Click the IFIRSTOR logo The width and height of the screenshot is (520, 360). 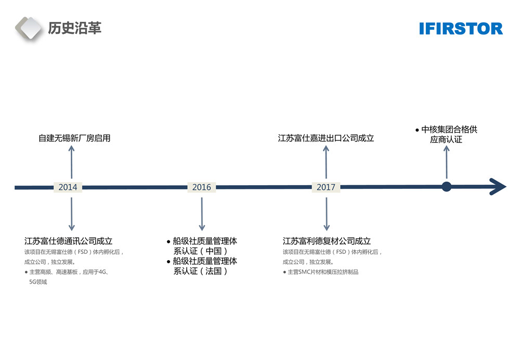(x=461, y=28)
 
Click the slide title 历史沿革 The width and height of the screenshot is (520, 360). (x=74, y=28)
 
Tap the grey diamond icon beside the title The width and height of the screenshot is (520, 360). (x=29, y=28)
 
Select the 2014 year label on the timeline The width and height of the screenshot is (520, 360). (x=68, y=187)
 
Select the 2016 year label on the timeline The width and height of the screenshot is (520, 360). (x=202, y=187)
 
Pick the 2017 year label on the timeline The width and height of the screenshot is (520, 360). (x=326, y=187)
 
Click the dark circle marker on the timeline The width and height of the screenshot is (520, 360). (x=446, y=187)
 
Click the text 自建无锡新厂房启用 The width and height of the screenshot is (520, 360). (x=74, y=138)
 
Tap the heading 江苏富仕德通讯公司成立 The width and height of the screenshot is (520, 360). (x=68, y=241)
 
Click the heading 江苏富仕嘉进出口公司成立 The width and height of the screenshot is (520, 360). (x=326, y=138)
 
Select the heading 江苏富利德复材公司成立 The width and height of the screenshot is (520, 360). (x=327, y=241)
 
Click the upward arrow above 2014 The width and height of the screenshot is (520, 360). (x=72, y=162)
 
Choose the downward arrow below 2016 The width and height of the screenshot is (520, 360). (x=202, y=213)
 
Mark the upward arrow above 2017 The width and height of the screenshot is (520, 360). (x=326, y=162)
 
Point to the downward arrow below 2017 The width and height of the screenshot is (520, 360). (x=326, y=213)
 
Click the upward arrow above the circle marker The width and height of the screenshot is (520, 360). (x=446, y=162)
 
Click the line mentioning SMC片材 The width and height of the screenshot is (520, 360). (x=323, y=272)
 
